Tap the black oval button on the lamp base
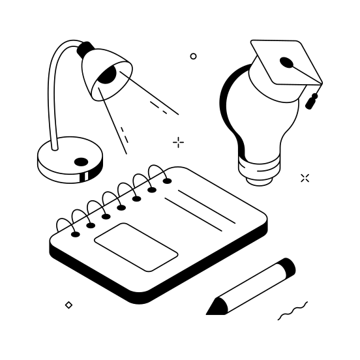click(81, 162)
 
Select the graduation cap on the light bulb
click(286, 65)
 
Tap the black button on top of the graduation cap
click(286, 63)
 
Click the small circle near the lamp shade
click(193, 57)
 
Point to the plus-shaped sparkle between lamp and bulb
click(178, 142)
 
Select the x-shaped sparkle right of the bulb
click(305, 177)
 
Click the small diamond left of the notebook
click(68, 305)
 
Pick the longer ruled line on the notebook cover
click(205, 207)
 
